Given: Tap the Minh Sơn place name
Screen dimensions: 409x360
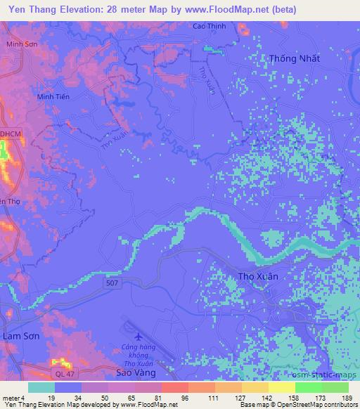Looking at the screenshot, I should point(21,43).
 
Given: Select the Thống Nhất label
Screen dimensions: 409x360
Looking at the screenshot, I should point(295,58).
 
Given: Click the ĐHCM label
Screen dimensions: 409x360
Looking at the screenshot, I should point(11,133).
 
